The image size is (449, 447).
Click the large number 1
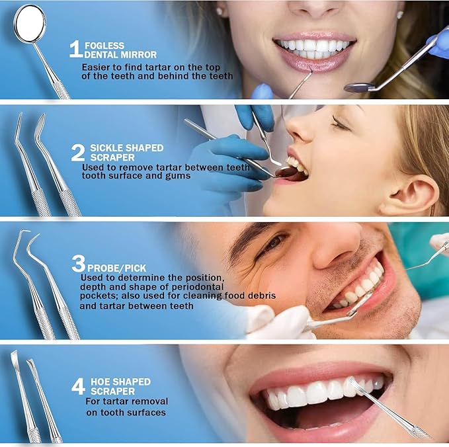coord(75,49)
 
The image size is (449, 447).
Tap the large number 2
coord(78,153)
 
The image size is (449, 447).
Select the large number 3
coord(79,264)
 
